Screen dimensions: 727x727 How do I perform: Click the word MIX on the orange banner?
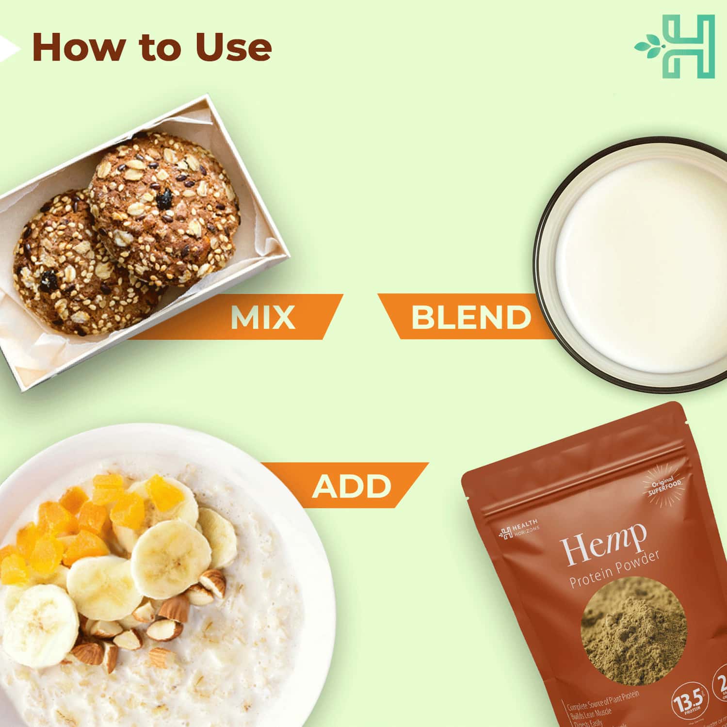[262, 318]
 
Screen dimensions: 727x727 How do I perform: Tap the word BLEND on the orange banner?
[470, 318]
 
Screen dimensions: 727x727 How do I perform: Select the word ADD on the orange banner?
[352, 486]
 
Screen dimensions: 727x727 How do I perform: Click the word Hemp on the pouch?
[604, 546]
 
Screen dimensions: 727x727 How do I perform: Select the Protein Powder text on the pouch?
[614, 570]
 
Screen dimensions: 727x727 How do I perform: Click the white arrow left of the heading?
[8, 48]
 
